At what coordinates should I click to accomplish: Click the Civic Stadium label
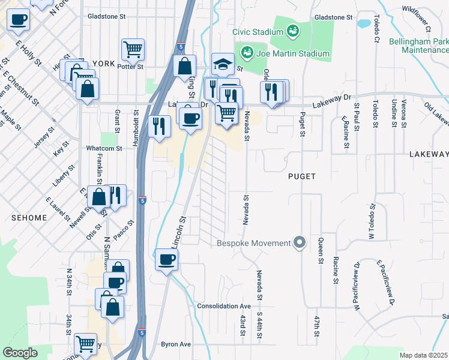pyautogui.click(x=258, y=31)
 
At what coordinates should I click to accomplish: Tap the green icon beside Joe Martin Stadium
pyautogui.click(x=247, y=53)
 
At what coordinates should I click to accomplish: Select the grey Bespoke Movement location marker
pyautogui.click(x=301, y=243)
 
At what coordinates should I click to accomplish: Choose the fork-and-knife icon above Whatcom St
pyautogui.click(x=159, y=125)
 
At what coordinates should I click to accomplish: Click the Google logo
pyautogui.click(x=20, y=353)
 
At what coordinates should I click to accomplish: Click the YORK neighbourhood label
pyautogui.click(x=104, y=63)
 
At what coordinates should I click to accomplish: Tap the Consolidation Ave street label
pyautogui.click(x=224, y=305)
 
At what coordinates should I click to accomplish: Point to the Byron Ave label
pyautogui.click(x=175, y=344)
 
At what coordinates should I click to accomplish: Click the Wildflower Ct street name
pyautogui.click(x=417, y=17)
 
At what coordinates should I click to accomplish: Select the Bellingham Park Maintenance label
pyautogui.click(x=418, y=46)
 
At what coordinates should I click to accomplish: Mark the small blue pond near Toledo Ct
pyautogui.click(x=363, y=25)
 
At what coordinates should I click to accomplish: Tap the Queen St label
pyautogui.click(x=321, y=251)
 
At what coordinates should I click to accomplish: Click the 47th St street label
pyautogui.click(x=315, y=327)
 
